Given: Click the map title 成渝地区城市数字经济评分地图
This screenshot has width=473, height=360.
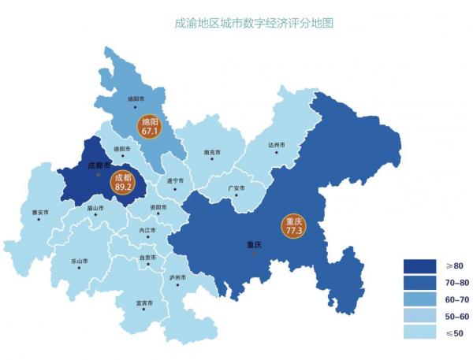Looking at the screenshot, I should tap(254, 23).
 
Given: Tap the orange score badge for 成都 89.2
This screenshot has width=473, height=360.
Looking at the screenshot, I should tap(122, 183).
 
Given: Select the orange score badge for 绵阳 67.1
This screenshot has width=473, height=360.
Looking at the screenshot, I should tap(149, 128).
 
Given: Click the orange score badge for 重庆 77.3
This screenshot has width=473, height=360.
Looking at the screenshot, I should tap(295, 226).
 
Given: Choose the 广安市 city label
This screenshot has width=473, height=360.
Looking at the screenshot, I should tap(236, 188).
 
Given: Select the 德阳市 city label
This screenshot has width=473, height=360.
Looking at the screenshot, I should tap(120, 149).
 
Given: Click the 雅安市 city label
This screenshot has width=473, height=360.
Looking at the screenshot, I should tap(41, 213).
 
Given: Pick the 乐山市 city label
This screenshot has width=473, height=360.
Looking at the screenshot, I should tap(80, 261).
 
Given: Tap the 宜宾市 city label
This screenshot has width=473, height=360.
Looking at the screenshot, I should tap(145, 303).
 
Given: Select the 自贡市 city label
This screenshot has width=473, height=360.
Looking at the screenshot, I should tap(147, 258).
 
